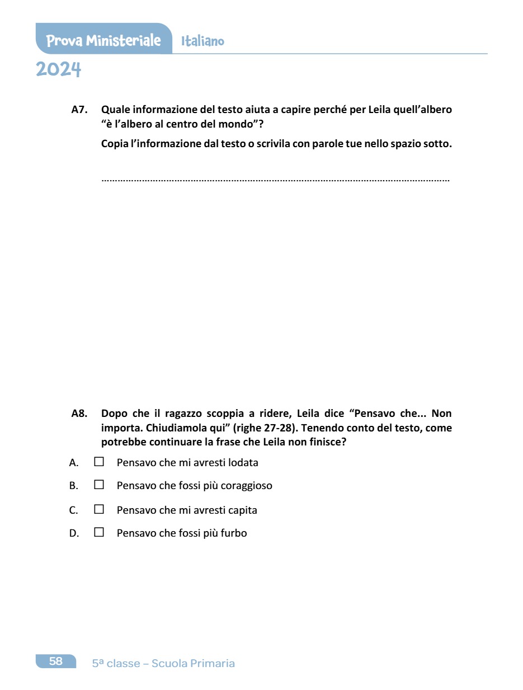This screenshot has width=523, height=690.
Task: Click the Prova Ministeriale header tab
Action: click(103, 41)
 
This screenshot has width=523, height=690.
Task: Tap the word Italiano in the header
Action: click(202, 41)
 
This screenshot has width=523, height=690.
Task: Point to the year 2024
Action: click(59, 70)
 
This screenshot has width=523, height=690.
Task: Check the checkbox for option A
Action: click(99, 462)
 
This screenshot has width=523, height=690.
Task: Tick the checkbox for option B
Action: click(99, 485)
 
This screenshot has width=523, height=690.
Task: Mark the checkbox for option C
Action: click(99, 510)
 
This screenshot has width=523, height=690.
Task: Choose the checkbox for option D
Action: click(99, 533)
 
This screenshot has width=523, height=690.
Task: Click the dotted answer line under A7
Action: click(275, 180)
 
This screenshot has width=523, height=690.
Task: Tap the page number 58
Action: click(56, 661)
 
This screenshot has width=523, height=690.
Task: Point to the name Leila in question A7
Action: click(380, 110)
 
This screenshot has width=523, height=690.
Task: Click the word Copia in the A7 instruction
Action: click(114, 144)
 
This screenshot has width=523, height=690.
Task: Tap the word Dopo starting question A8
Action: click(114, 414)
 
